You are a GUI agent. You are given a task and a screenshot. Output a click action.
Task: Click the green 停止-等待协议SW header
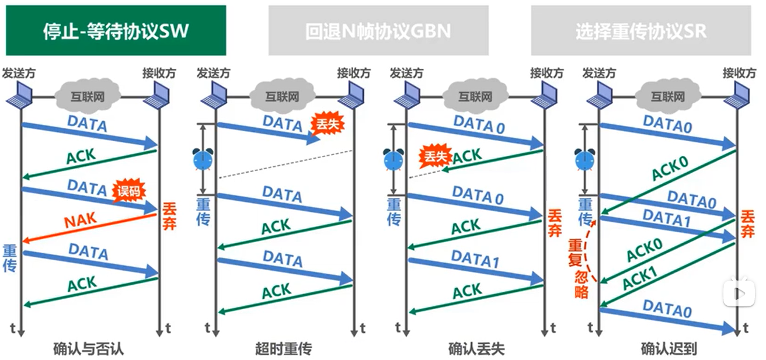(116, 30)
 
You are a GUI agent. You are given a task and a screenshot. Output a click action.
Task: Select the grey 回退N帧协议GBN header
(378, 30)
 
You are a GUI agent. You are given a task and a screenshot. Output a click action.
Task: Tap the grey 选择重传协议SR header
(640, 30)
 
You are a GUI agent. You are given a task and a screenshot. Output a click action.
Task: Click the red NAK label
(81, 221)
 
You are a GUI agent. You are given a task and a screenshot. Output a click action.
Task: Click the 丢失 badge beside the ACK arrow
(433, 156)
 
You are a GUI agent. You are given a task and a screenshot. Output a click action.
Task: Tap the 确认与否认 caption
(88, 349)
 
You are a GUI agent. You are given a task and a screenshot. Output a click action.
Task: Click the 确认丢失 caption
(476, 349)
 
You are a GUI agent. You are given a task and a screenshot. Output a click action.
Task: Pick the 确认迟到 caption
(668, 349)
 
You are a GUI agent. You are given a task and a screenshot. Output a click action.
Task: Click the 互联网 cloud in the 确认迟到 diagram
(667, 96)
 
